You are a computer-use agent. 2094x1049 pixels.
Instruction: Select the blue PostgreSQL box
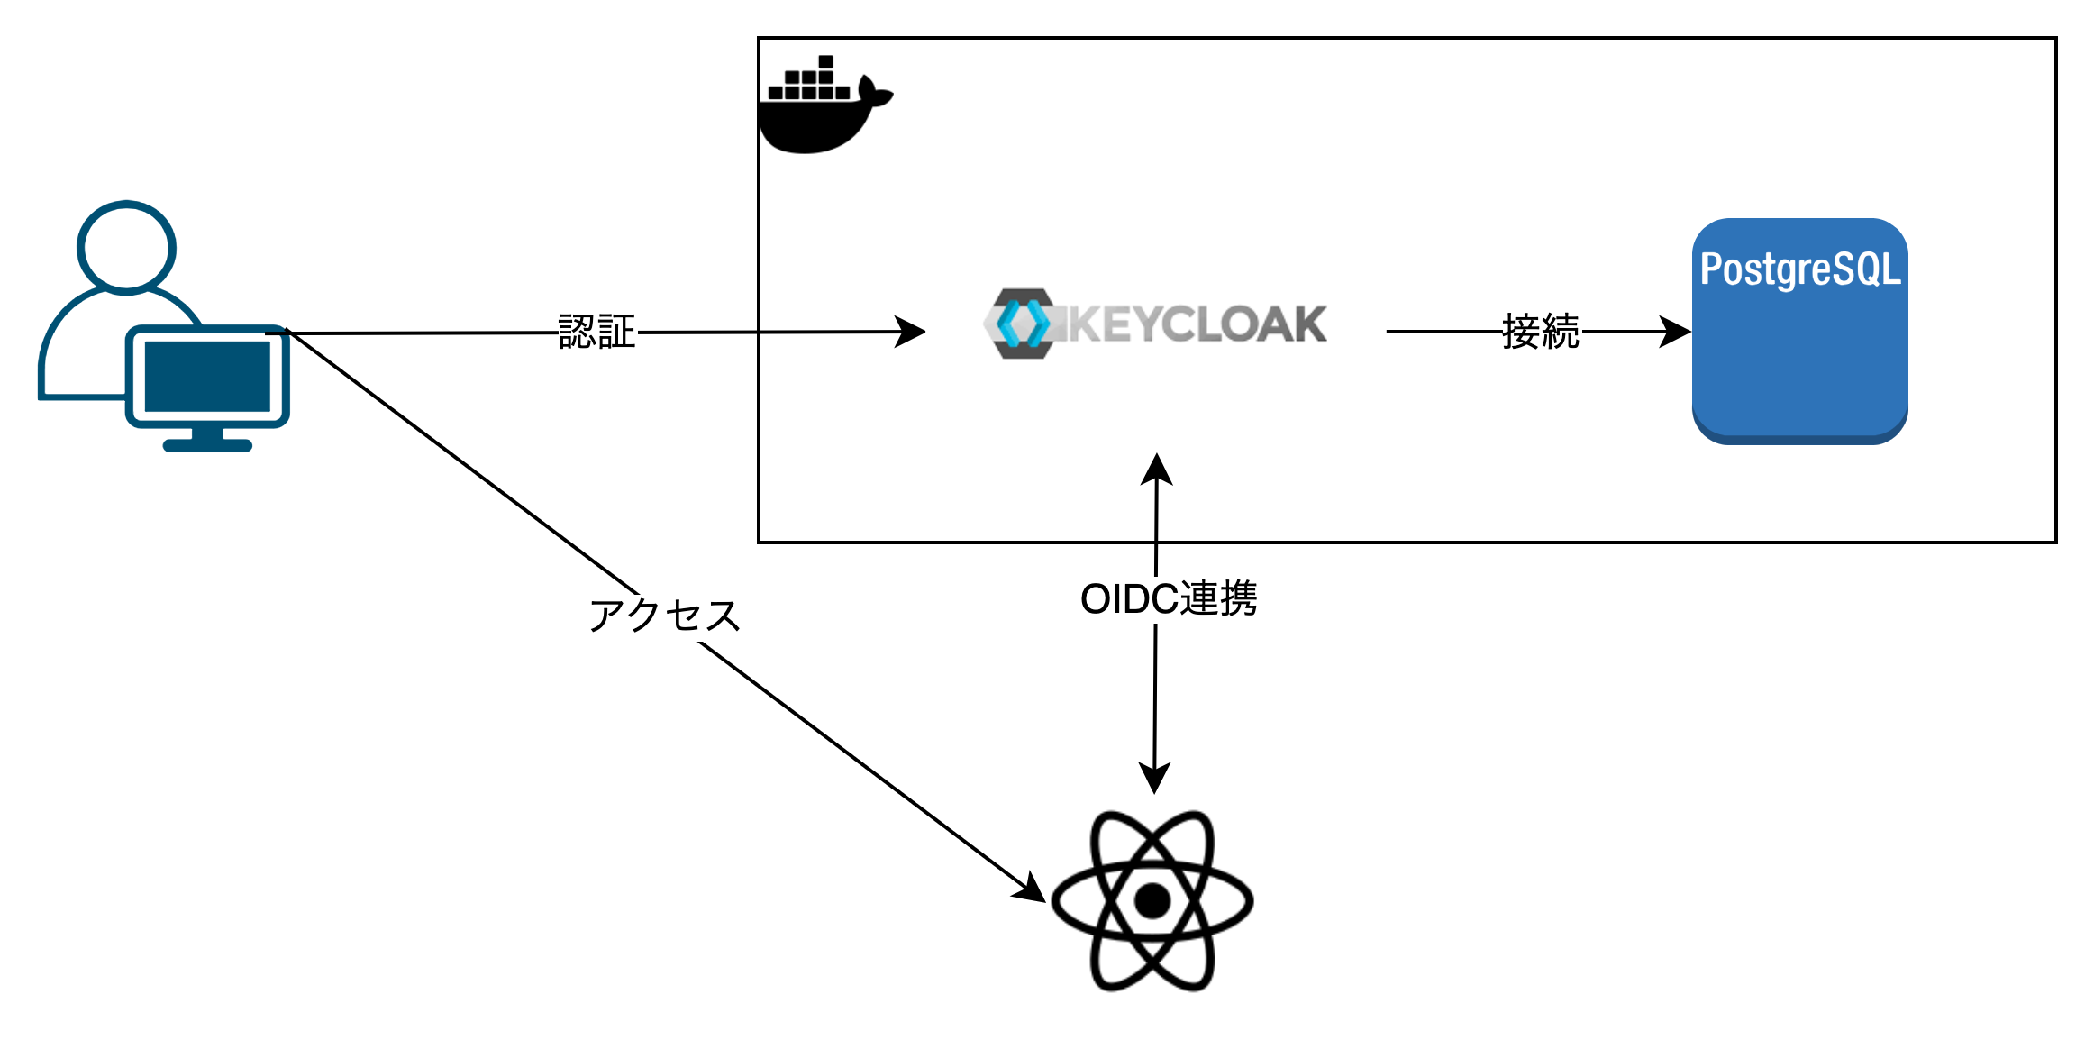[1799, 360]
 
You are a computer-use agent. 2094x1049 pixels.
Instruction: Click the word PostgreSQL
[1799, 269]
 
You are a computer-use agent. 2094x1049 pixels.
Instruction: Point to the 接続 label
[1540, 332]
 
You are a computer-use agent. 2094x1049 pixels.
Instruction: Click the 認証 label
[597, 333]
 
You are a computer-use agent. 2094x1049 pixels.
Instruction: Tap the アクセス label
[664, 617]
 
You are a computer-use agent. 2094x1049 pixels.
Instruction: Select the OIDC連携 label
[1169, 599]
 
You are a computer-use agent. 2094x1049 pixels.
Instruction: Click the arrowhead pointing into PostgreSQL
[1676, 332]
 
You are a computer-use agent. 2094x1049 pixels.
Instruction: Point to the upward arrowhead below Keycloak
[1156, 470]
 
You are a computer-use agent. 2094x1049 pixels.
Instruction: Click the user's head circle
[126, 247]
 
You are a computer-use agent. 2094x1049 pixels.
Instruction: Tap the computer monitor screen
[207, 376]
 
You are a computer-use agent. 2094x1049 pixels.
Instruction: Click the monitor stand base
[207, 445]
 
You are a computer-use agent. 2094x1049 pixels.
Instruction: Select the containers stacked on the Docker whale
[808, 81]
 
